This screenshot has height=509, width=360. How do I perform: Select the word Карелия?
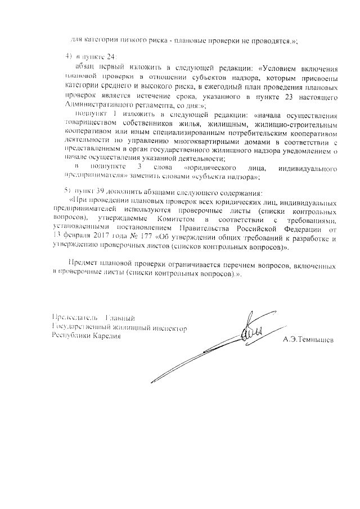pyautogui.click(x=105, y=336)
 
